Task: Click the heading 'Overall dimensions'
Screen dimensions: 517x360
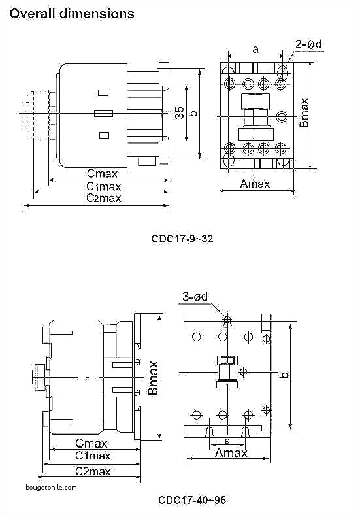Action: click(72, 13)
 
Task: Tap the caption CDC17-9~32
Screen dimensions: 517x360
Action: click(182, 239)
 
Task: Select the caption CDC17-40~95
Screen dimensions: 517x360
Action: click(192, 500)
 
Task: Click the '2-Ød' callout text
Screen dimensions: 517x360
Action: click(308, 44)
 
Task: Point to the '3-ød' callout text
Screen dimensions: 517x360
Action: click(195, 297)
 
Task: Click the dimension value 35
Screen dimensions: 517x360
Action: click(180, 113)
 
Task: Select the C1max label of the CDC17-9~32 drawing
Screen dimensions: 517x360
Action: click(104, 186)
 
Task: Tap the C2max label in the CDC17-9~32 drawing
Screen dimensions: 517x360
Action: click(104, 198)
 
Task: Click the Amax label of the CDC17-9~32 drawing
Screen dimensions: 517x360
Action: click(255, 184)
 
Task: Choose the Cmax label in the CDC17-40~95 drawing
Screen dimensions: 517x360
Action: click(91, 443)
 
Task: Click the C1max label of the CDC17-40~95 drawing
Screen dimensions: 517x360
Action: click(92, 456)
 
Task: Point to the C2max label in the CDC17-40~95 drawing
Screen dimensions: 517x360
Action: click(92, 471)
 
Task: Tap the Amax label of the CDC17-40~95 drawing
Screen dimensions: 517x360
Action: click(231, 453)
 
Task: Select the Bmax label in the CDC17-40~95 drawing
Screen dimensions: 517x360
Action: click(152, 378)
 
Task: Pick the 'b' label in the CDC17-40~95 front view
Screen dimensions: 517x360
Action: click(284, 375)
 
